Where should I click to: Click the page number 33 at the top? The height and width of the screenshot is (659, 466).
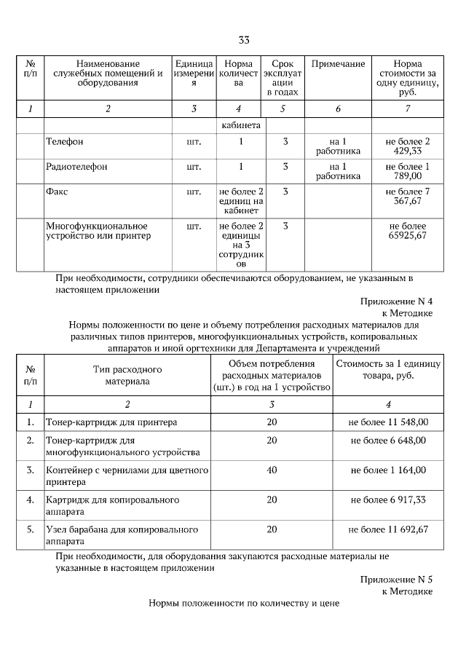[x=244, y=39]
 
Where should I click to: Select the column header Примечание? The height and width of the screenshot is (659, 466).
[x=338, y=65]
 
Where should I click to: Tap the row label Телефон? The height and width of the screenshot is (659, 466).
[x=64, y=141]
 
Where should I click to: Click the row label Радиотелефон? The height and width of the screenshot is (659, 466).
[x=76, y=167]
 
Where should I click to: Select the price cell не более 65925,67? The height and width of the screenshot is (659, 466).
[x=408, y=232]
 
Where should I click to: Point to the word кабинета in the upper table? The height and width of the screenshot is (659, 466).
[x=241, y=126]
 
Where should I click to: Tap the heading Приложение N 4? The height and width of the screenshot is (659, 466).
[x=396, y=301]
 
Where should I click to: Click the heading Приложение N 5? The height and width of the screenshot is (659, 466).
[x=396, y=580]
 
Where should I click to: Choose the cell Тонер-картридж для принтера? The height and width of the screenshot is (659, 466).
[x=111, y=422]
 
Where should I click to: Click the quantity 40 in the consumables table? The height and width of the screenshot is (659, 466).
[x=272, y=470]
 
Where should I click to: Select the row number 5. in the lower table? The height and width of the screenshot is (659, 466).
[x=30, y=529]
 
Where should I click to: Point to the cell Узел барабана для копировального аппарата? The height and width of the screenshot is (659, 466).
[x=122, y=535]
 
